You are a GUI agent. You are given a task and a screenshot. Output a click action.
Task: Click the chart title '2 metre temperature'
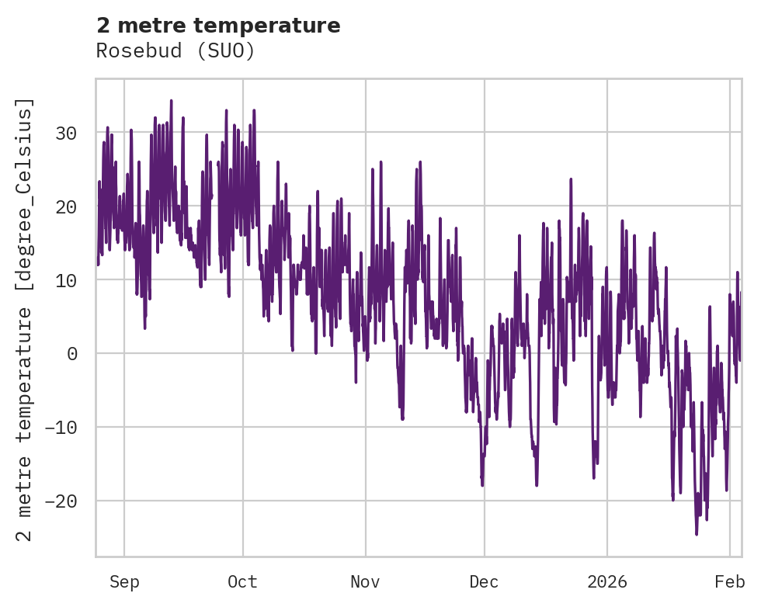[x=218, y=26]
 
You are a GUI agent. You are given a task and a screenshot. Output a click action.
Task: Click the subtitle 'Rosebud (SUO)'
[x=175, y=50]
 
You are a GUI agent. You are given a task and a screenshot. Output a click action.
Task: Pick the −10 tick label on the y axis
[x=62, y=428]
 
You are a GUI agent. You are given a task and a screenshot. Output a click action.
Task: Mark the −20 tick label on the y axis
[x=62, y=501]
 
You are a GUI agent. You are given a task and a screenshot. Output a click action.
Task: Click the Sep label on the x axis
[x=124, y=582]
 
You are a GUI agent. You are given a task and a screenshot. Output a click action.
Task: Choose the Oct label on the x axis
[x=242, y=582]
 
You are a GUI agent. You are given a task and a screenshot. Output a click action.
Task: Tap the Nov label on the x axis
[x=365, y=582]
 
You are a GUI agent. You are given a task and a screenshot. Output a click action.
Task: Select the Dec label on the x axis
[x=484, y=582]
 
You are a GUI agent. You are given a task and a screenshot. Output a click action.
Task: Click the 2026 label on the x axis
[x=606, y=582]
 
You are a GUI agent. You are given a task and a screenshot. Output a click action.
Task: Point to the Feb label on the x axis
[x=730, y=582]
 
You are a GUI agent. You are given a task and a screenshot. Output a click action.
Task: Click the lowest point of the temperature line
[x=697, y=534]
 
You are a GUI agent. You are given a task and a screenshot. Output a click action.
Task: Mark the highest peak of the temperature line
[x=171, y=100]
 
